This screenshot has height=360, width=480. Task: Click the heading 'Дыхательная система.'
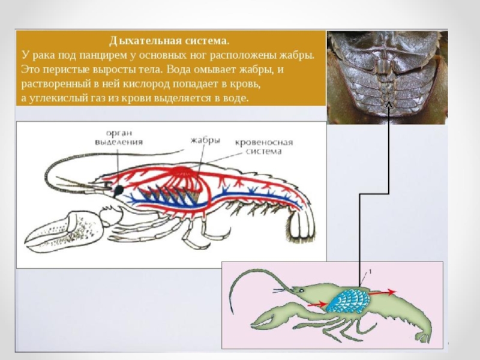[169, 41]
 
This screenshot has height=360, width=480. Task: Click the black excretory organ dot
[119, 190]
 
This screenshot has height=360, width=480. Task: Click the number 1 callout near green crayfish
[370, 272]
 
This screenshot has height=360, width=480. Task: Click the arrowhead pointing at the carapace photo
[388, 106]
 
